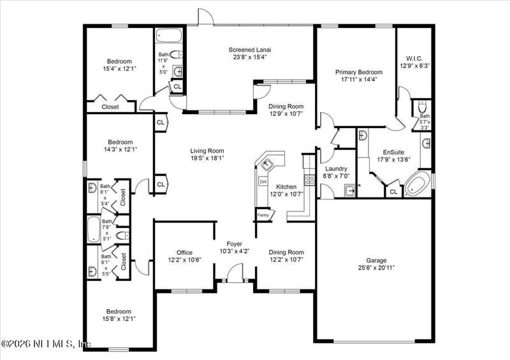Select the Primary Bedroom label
pyautogui.click(x=359, y=73)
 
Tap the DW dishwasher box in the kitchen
pyautogui.click(x=263, y=182)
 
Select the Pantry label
pyautogui.click(x=263, y=215)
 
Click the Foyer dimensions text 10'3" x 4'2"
pyautogui.click(x=235, y=251)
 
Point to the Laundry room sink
pyautogui.click(x=350, y=190)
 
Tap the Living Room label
pyautogui.click(x=207, y=151)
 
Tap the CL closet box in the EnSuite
pyautogui.click(x=393, y=191)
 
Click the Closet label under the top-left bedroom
pyautogui.click(x=110, y=107)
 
